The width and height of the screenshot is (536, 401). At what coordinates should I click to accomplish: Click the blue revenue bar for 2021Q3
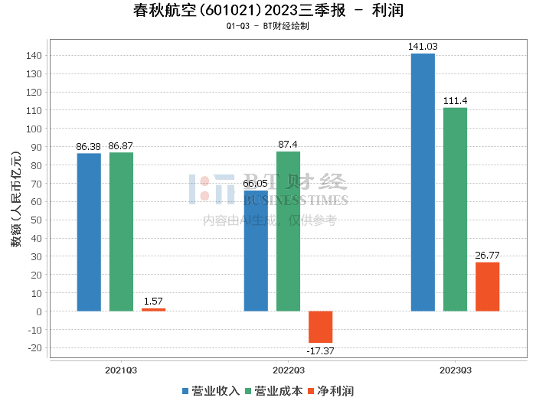click(x=89, y=233)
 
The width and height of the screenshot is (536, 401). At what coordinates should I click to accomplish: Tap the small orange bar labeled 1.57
click(x=153, y=309)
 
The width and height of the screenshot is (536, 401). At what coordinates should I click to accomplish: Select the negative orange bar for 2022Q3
click(x=320, y=327)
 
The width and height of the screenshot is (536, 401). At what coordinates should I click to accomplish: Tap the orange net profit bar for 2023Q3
click(x=487, y=287)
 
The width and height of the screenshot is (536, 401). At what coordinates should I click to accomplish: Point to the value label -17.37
click(x=320, y=351)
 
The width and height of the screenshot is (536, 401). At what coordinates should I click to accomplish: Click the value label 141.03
click(x=423, y=47)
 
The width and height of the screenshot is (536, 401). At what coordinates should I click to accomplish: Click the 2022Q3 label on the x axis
click(x=288, y=370)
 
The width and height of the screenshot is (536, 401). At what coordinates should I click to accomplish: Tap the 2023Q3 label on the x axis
click(x=455, y=370)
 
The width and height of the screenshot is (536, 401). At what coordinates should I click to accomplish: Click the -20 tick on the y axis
click(x=34, y=348)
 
